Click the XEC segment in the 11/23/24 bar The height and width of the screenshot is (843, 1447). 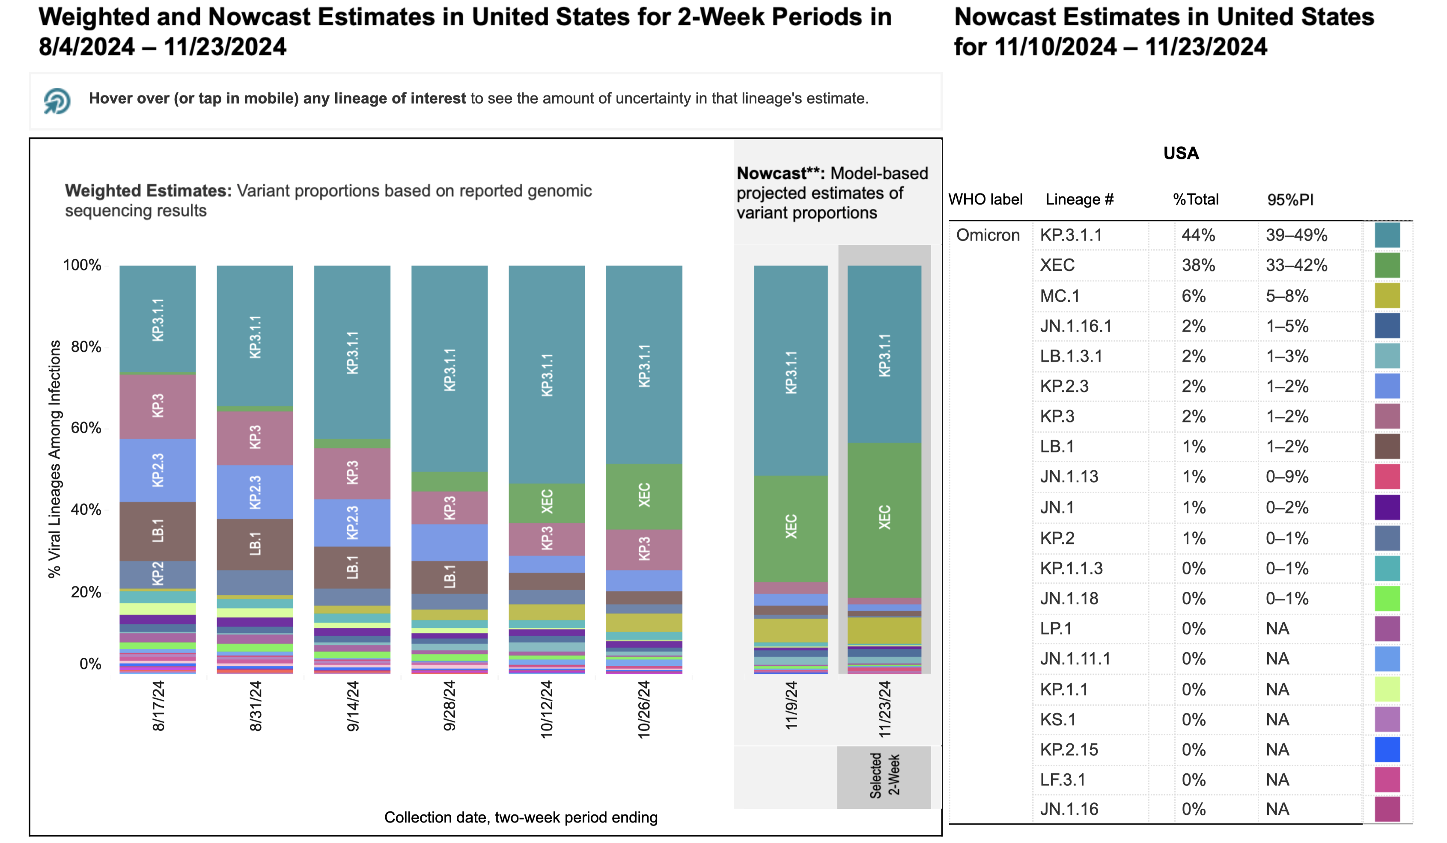pyautogui.click(x=884, y=519)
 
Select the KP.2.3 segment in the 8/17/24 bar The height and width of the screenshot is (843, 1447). pyautogui.click(x=158, y=471)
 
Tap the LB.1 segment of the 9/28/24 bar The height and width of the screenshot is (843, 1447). pyautogui.click(x=450, y=577)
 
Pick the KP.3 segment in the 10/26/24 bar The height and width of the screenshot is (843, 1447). pyautogui.click(x=644, y=549)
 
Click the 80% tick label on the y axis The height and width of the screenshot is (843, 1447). pyautogui.click(x=86, y=347)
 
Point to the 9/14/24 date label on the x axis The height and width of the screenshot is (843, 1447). pyautogui.click(x=353, y=705)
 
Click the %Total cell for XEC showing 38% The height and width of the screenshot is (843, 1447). pyautogui.click(x=1198, y=265)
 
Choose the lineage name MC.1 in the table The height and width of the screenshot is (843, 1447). pyautogui.click(x=1060, y=296)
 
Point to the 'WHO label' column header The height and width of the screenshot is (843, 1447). pyautogui.click(x=986, y=200)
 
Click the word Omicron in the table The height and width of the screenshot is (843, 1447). pyautogui.click(x=988, y=235)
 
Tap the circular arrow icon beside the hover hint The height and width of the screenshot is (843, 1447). pyautogui.click(x=57, y=101)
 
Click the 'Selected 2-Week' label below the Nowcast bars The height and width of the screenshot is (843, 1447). pyautogui.click(x=884, y=775)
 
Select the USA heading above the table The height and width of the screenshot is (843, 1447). pyautogui.click(x=1181, y=153)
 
